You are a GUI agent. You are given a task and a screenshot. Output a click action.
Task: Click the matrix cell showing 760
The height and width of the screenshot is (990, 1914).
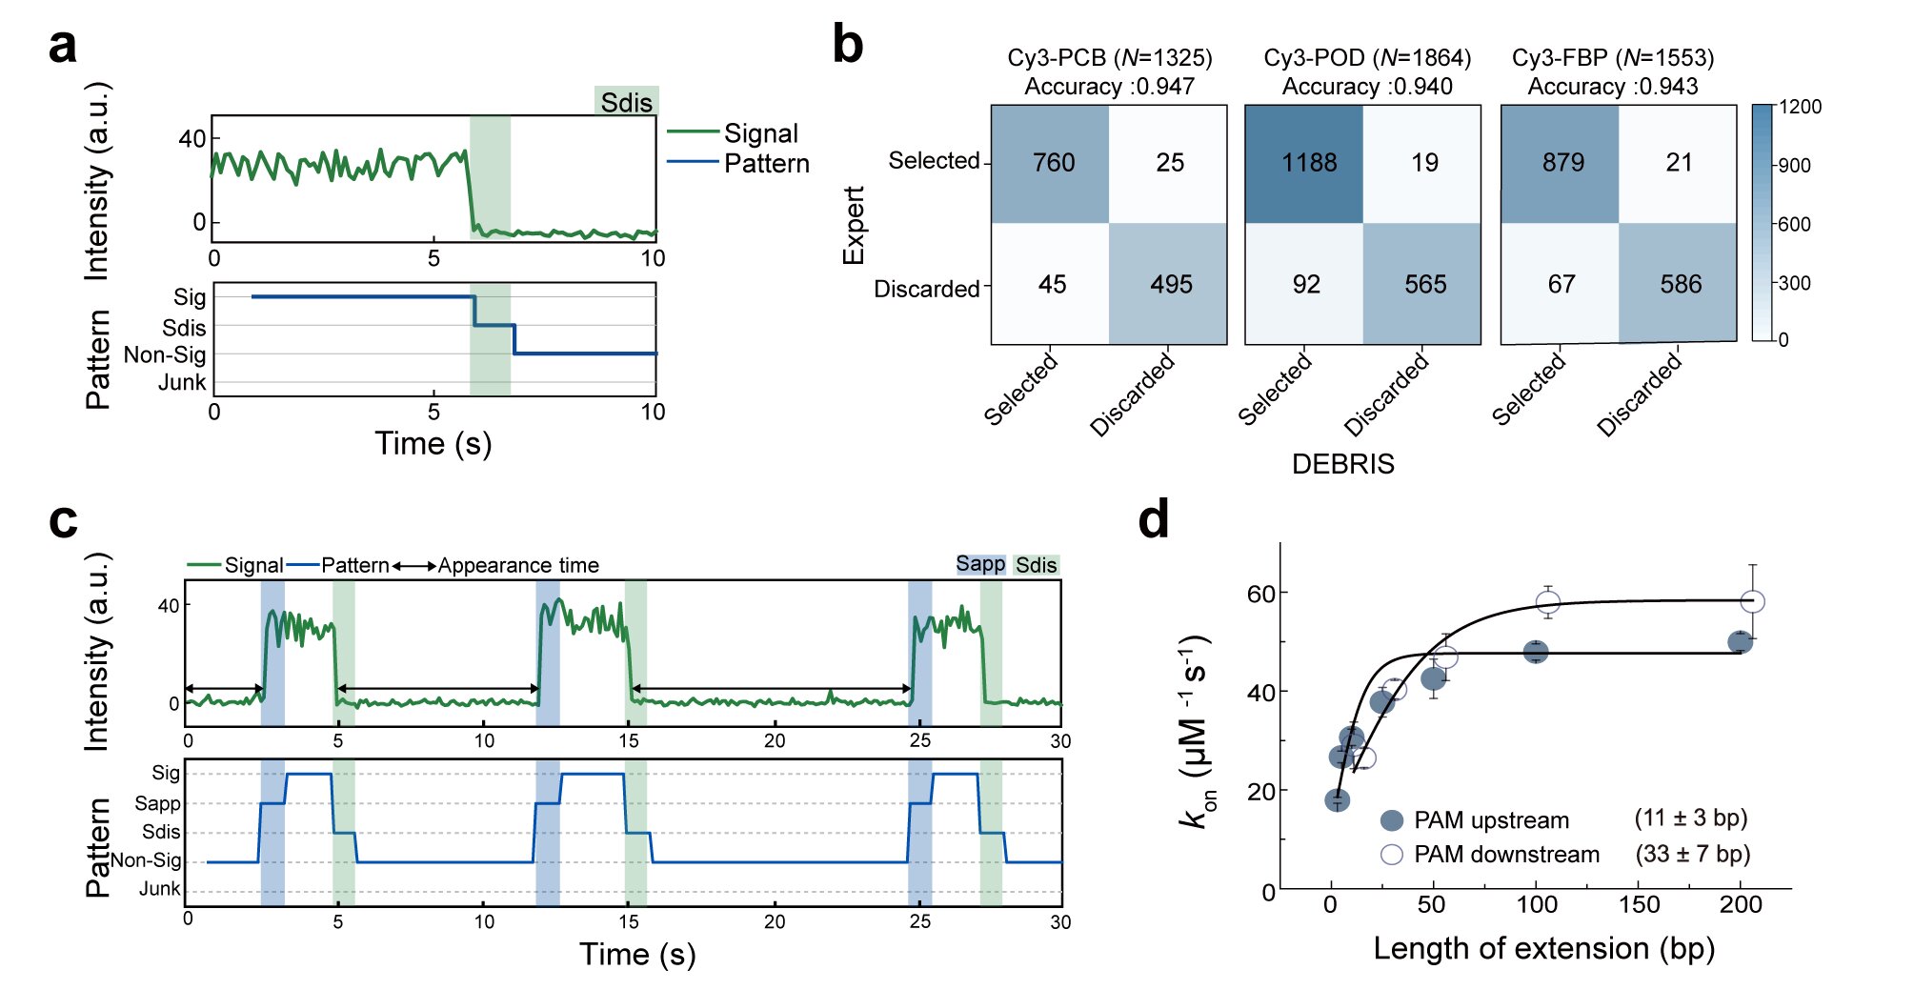(x=1051, y=163)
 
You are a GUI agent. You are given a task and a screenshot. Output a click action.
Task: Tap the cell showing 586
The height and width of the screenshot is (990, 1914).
(x=1679, y=284)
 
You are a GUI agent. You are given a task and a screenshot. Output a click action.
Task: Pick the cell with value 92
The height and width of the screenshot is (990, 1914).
(x=1305, y=284)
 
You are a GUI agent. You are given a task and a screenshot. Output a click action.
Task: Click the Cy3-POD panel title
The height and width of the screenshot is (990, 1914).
(x=1366, y=58)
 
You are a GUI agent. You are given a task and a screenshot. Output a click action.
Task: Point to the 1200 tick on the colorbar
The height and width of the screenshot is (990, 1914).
(x=1799, y=107)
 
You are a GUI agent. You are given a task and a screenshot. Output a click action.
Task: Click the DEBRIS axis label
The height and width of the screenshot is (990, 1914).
(x=1342, y=464)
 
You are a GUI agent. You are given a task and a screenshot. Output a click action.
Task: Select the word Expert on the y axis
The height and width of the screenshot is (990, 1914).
(x=853, y=225)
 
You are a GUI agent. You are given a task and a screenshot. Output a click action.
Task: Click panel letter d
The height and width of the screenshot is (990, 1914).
(x=1153, y=520)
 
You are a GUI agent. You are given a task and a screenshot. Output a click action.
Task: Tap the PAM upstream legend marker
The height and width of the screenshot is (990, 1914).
(x=1391, y=820)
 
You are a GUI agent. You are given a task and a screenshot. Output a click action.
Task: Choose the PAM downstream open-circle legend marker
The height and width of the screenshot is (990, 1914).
(x=1391, y=854)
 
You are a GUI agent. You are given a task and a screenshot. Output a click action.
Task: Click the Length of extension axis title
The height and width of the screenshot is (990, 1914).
(x=1543, y=948)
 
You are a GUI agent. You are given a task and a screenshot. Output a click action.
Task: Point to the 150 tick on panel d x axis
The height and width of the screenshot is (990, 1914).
(x=1639, y=904)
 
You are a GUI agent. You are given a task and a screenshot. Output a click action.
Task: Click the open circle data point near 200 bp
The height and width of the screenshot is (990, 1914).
(x=1752, y=602)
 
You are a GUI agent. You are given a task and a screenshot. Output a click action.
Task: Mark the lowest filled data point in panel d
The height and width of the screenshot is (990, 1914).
(x=1337, y=800)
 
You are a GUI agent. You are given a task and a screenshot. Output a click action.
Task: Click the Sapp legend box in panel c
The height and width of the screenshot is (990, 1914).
(x=980, y=564)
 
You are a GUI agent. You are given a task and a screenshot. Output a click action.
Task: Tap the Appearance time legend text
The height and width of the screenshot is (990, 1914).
(x=518, y=566)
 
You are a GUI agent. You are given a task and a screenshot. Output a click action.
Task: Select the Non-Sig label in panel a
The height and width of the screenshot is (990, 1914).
(x=165, y=355)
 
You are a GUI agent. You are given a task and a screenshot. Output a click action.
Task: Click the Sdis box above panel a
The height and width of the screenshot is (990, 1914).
(x=626, y=102)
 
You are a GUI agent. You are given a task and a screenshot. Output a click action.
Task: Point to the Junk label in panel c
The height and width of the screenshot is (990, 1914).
(x=159, y=889)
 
